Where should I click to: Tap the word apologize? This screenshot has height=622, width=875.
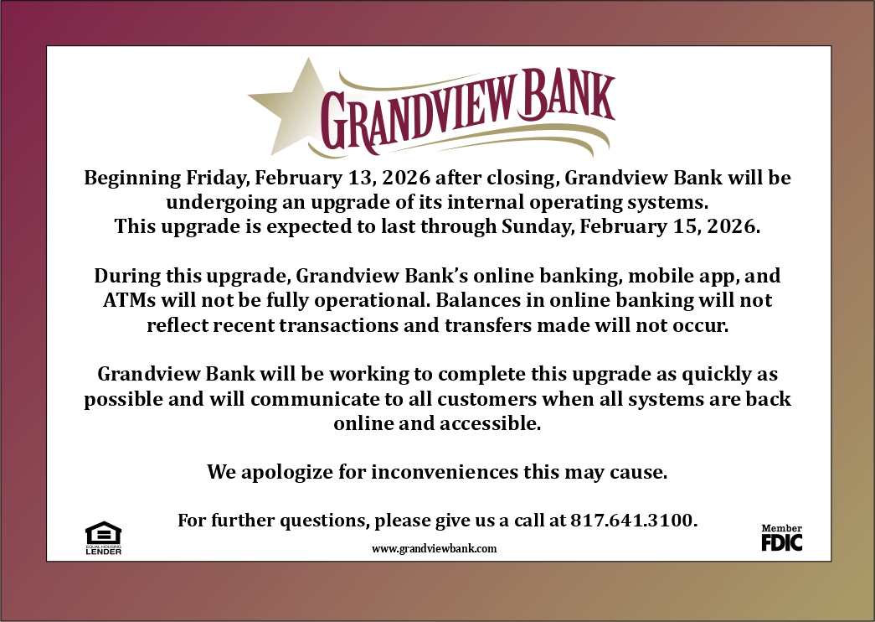pos(286,472)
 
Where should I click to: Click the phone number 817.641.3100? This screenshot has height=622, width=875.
pos(633,520)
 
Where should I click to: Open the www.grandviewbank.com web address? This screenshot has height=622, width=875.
pos(435,548)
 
